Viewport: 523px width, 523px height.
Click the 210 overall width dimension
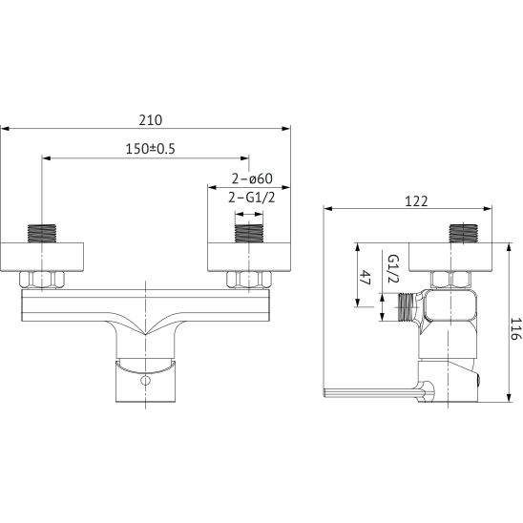point(151,120)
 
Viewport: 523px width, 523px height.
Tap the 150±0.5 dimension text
point(150,149)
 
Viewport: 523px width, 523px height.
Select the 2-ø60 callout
point(252,178)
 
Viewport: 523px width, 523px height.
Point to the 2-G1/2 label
point(252,198)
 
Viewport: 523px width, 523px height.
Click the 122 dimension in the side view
point(416,201)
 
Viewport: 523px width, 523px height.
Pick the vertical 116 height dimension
point(515,328)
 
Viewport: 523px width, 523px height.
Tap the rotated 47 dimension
point(366,277)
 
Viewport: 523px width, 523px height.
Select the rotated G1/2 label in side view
point(394,268)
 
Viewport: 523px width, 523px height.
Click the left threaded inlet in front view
point(42,234)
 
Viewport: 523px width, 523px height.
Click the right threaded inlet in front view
point(249,234)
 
